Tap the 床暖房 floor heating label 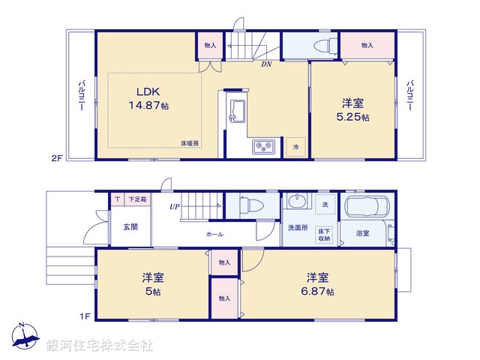tap(189, 142)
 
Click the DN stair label tap(265, 64)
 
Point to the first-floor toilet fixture tap(248, 205)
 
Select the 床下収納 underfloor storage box tap(325, 235)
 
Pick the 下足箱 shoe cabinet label tap(137, 199)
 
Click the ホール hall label tap(214, 235)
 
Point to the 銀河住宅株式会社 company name tap(100, 346)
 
